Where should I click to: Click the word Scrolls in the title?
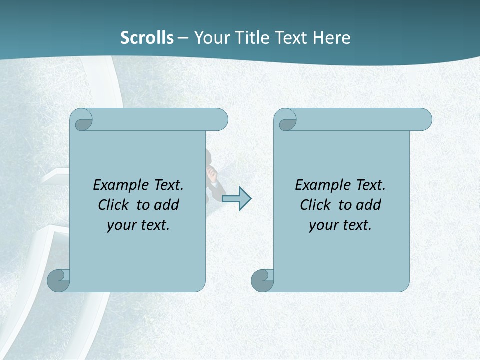click(147, 38)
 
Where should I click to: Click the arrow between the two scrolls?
click(236, 198)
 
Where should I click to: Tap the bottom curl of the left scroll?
click(59, 280)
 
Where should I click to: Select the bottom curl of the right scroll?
click(262, 280)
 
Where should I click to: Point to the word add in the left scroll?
click(167, 205)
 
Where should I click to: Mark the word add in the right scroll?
click(369, 205)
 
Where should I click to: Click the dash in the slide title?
click(183, 38)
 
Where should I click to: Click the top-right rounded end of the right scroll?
click(422, 120)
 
